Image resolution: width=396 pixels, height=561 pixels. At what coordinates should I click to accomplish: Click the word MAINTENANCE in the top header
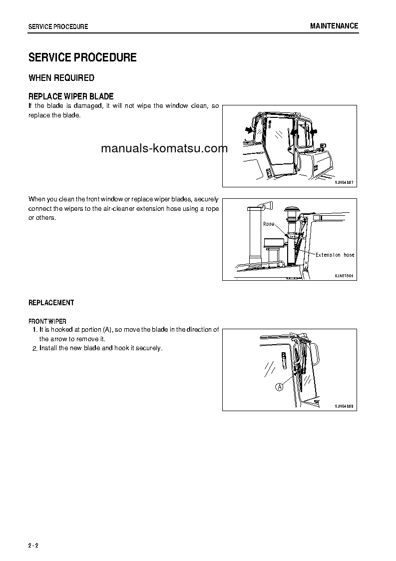pyautogui.click(x=334, y=26)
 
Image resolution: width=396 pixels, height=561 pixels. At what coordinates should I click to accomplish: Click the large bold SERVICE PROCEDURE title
pyautogui.click(x=82, y=57)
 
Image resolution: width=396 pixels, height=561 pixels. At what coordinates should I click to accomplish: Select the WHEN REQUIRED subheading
pyautogui.click(x=61, y=78)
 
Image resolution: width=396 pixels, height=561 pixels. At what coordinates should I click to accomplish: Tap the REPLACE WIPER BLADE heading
pyautogui.click(x=71, y=96)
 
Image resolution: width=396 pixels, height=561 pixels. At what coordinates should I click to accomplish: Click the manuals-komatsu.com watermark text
pyautogui.click(x=164, y=148)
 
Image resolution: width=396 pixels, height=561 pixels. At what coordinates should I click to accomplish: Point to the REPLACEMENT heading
pyautogui.click(x=51, y=303)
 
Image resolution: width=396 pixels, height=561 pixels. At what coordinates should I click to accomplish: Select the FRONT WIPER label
pyautogui.click(x=47, y=321)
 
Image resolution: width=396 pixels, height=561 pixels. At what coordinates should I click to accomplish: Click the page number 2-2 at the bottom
pyautogui.click(x=33, y=545)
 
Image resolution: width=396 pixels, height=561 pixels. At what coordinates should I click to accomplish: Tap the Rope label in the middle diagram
pyautogui.click(x=269, y=224)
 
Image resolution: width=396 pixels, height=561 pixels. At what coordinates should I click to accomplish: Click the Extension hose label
pyautogui.click(x=335, y=255)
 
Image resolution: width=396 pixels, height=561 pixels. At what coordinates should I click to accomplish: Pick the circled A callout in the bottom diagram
pyautogui.click(x=279, y=387)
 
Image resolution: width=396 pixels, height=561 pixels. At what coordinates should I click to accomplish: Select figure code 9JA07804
pyautogui.click(x=344, y=276)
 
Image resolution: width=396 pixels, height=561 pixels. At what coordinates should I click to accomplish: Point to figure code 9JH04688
pyautogui.click(x=344, y=406)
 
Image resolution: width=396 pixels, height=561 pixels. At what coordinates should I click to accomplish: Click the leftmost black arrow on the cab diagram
pyautogui.click(x=248, y=129)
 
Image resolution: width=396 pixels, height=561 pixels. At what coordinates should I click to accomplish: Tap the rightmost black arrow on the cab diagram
pyautogui.click(x=314, y=132)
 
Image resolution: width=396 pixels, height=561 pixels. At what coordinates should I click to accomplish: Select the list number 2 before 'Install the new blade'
pyautogui.click(x=35, y=348)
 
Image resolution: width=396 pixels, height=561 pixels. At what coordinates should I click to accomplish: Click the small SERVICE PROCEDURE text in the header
pyautogui.click(x=58, y=26)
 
